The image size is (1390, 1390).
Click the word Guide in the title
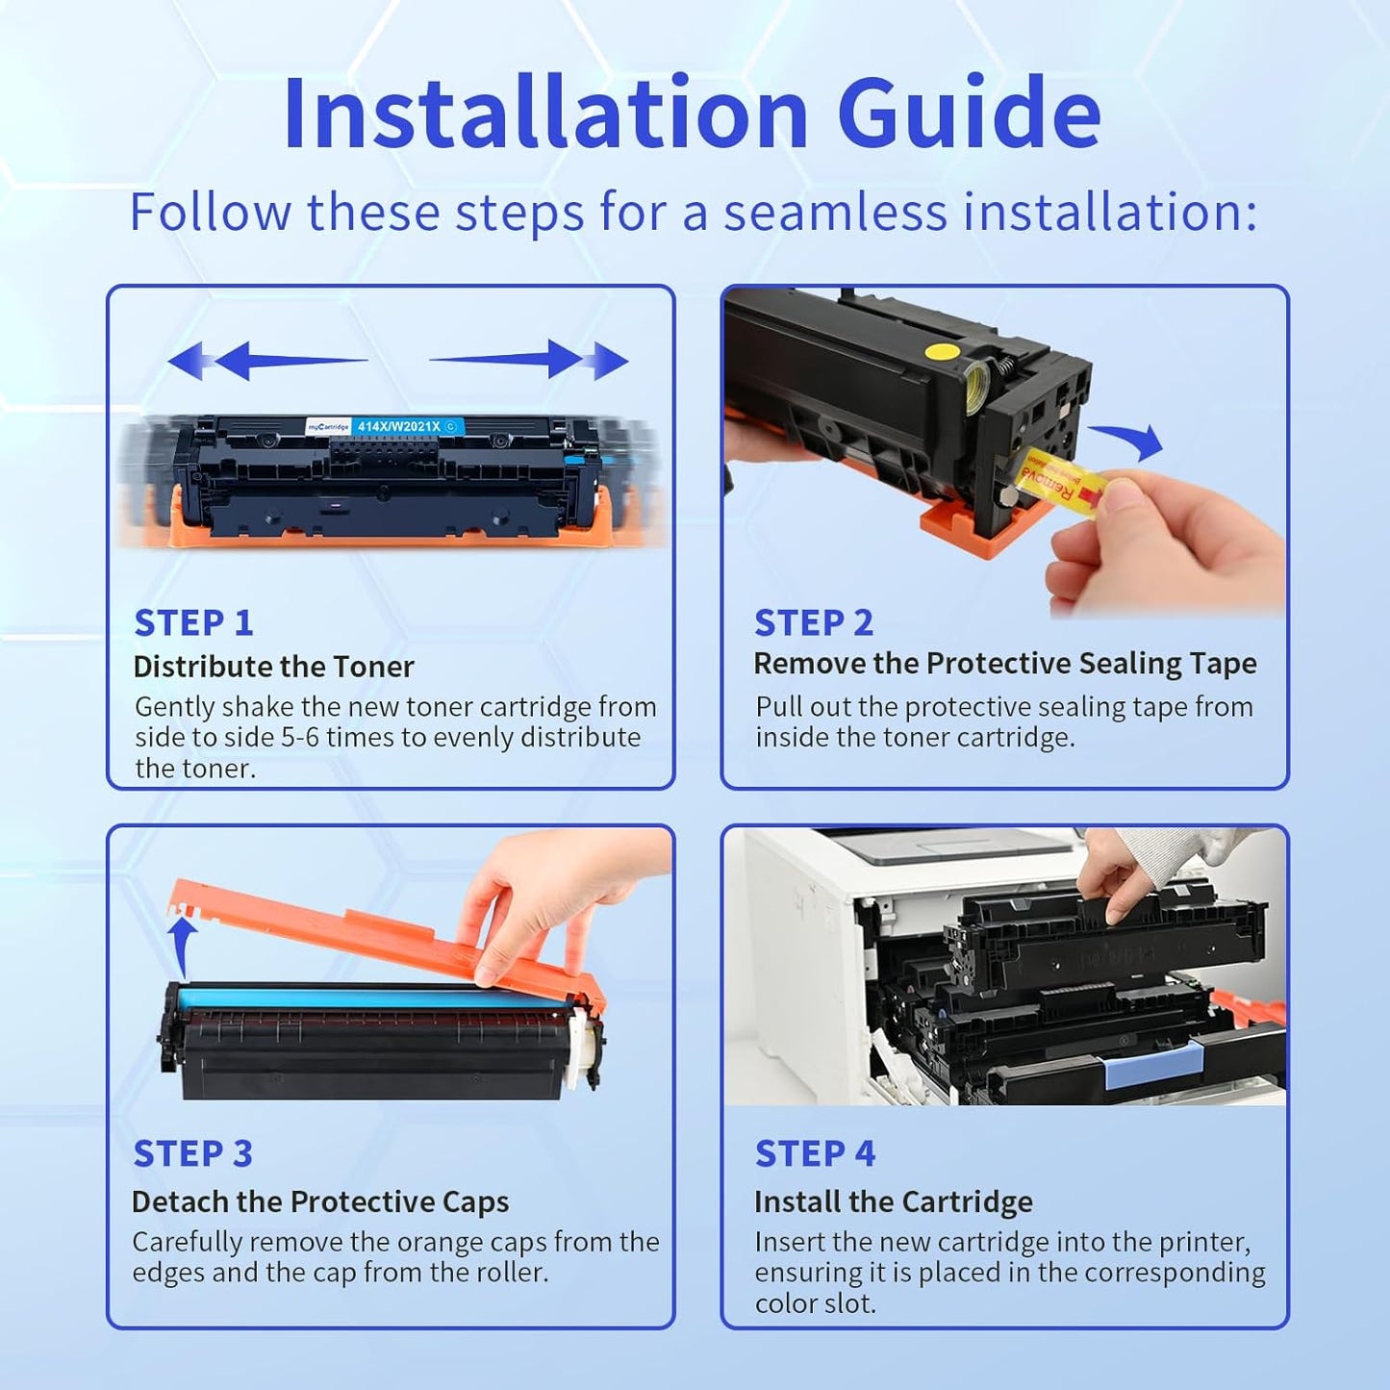tap(968, 114)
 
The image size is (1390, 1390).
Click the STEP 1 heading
tap(193, 623)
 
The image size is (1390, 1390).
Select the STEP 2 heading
tap(814, 623)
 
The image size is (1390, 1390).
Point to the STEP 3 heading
tap(192, 1152)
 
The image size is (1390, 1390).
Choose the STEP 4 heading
tap(815, 1152)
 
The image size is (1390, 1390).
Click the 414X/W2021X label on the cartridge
tap(399, 426)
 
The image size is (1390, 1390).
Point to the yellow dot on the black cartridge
tap(942, 351)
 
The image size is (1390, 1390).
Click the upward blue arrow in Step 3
tap(185, 946)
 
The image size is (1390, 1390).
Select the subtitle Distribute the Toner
tap(273, 667)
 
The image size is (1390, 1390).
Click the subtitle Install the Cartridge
tap(893, 1201)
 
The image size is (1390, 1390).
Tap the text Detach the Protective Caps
tap(320, 1201)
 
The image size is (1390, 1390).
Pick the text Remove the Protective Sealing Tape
tap(1005, 664)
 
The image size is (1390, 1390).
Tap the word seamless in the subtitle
tap(835, 213)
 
